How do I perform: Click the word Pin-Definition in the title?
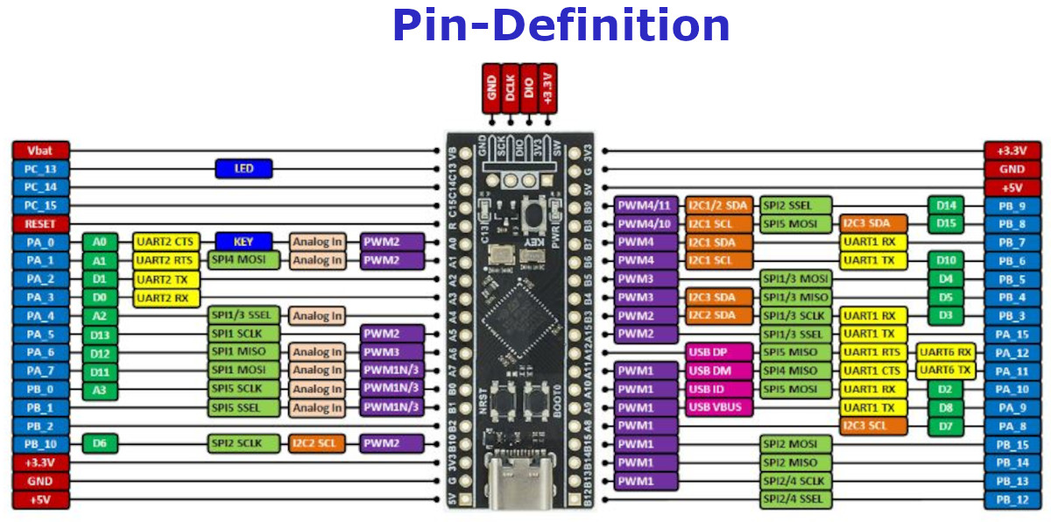(561, 25)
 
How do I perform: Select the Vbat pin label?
(39, 151)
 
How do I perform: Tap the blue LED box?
(243, 168)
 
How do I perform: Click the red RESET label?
(39, 224)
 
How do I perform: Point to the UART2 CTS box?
(166, 242)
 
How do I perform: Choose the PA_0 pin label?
(39, 242)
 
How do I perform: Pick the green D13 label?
(99, 334)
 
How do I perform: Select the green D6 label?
(99, 444)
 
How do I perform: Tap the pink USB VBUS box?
(719, 407)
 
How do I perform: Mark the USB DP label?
(719, 352)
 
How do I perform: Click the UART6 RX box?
(946, 352)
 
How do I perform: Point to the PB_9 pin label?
(1012, 206)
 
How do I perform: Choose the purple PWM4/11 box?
(645, 206)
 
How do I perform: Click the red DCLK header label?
(509, 88)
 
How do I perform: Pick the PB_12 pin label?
(1012, 500)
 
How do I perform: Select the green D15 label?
(946, 224)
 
